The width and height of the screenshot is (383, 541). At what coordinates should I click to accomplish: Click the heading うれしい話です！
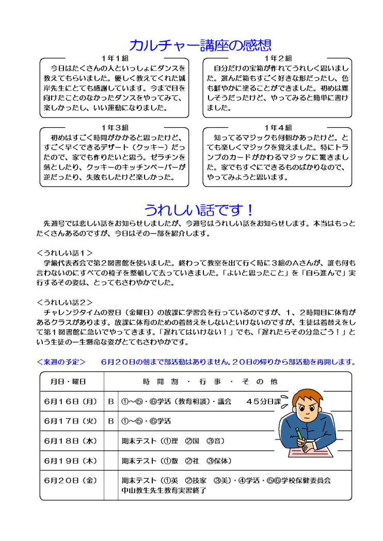coord(199,210)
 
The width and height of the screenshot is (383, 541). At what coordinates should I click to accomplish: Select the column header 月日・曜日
coord(69,382)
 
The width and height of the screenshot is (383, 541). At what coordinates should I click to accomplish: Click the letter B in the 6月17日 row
coord(111,421)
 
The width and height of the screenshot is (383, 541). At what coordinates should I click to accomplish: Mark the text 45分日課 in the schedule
coord(263,401)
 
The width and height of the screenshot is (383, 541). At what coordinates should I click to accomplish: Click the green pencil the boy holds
coord(299,433)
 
